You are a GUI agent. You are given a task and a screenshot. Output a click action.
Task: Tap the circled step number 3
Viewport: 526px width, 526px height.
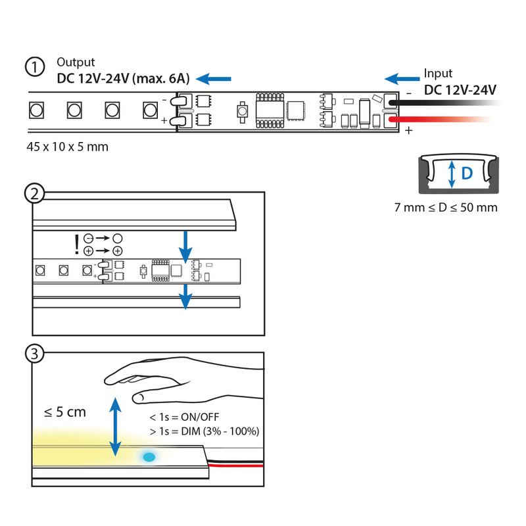coord(34,354)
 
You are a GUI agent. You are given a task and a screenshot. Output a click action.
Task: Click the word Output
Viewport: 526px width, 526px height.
coord(76,63)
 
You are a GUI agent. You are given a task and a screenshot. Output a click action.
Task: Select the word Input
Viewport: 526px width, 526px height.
coord(438,74)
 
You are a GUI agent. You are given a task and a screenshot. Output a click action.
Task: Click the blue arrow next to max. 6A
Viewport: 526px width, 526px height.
coord(215,79)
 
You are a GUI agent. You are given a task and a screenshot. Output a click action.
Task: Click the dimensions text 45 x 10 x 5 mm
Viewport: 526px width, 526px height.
coord(67,147)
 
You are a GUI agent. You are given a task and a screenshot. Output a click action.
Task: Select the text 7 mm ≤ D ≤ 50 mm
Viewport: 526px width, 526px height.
coord(446,208)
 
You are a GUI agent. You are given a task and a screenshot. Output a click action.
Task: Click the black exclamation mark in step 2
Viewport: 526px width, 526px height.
coord(78,245)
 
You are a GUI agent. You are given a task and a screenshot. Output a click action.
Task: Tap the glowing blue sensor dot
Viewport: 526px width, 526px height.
coord(149,456)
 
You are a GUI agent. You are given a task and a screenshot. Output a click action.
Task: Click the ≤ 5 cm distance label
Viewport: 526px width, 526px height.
coord(65,412)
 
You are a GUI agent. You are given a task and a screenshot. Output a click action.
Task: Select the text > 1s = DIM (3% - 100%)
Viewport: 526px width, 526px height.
coord(204,431)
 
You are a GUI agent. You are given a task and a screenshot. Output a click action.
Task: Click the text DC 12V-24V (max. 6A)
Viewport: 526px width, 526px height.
coord(123,80)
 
